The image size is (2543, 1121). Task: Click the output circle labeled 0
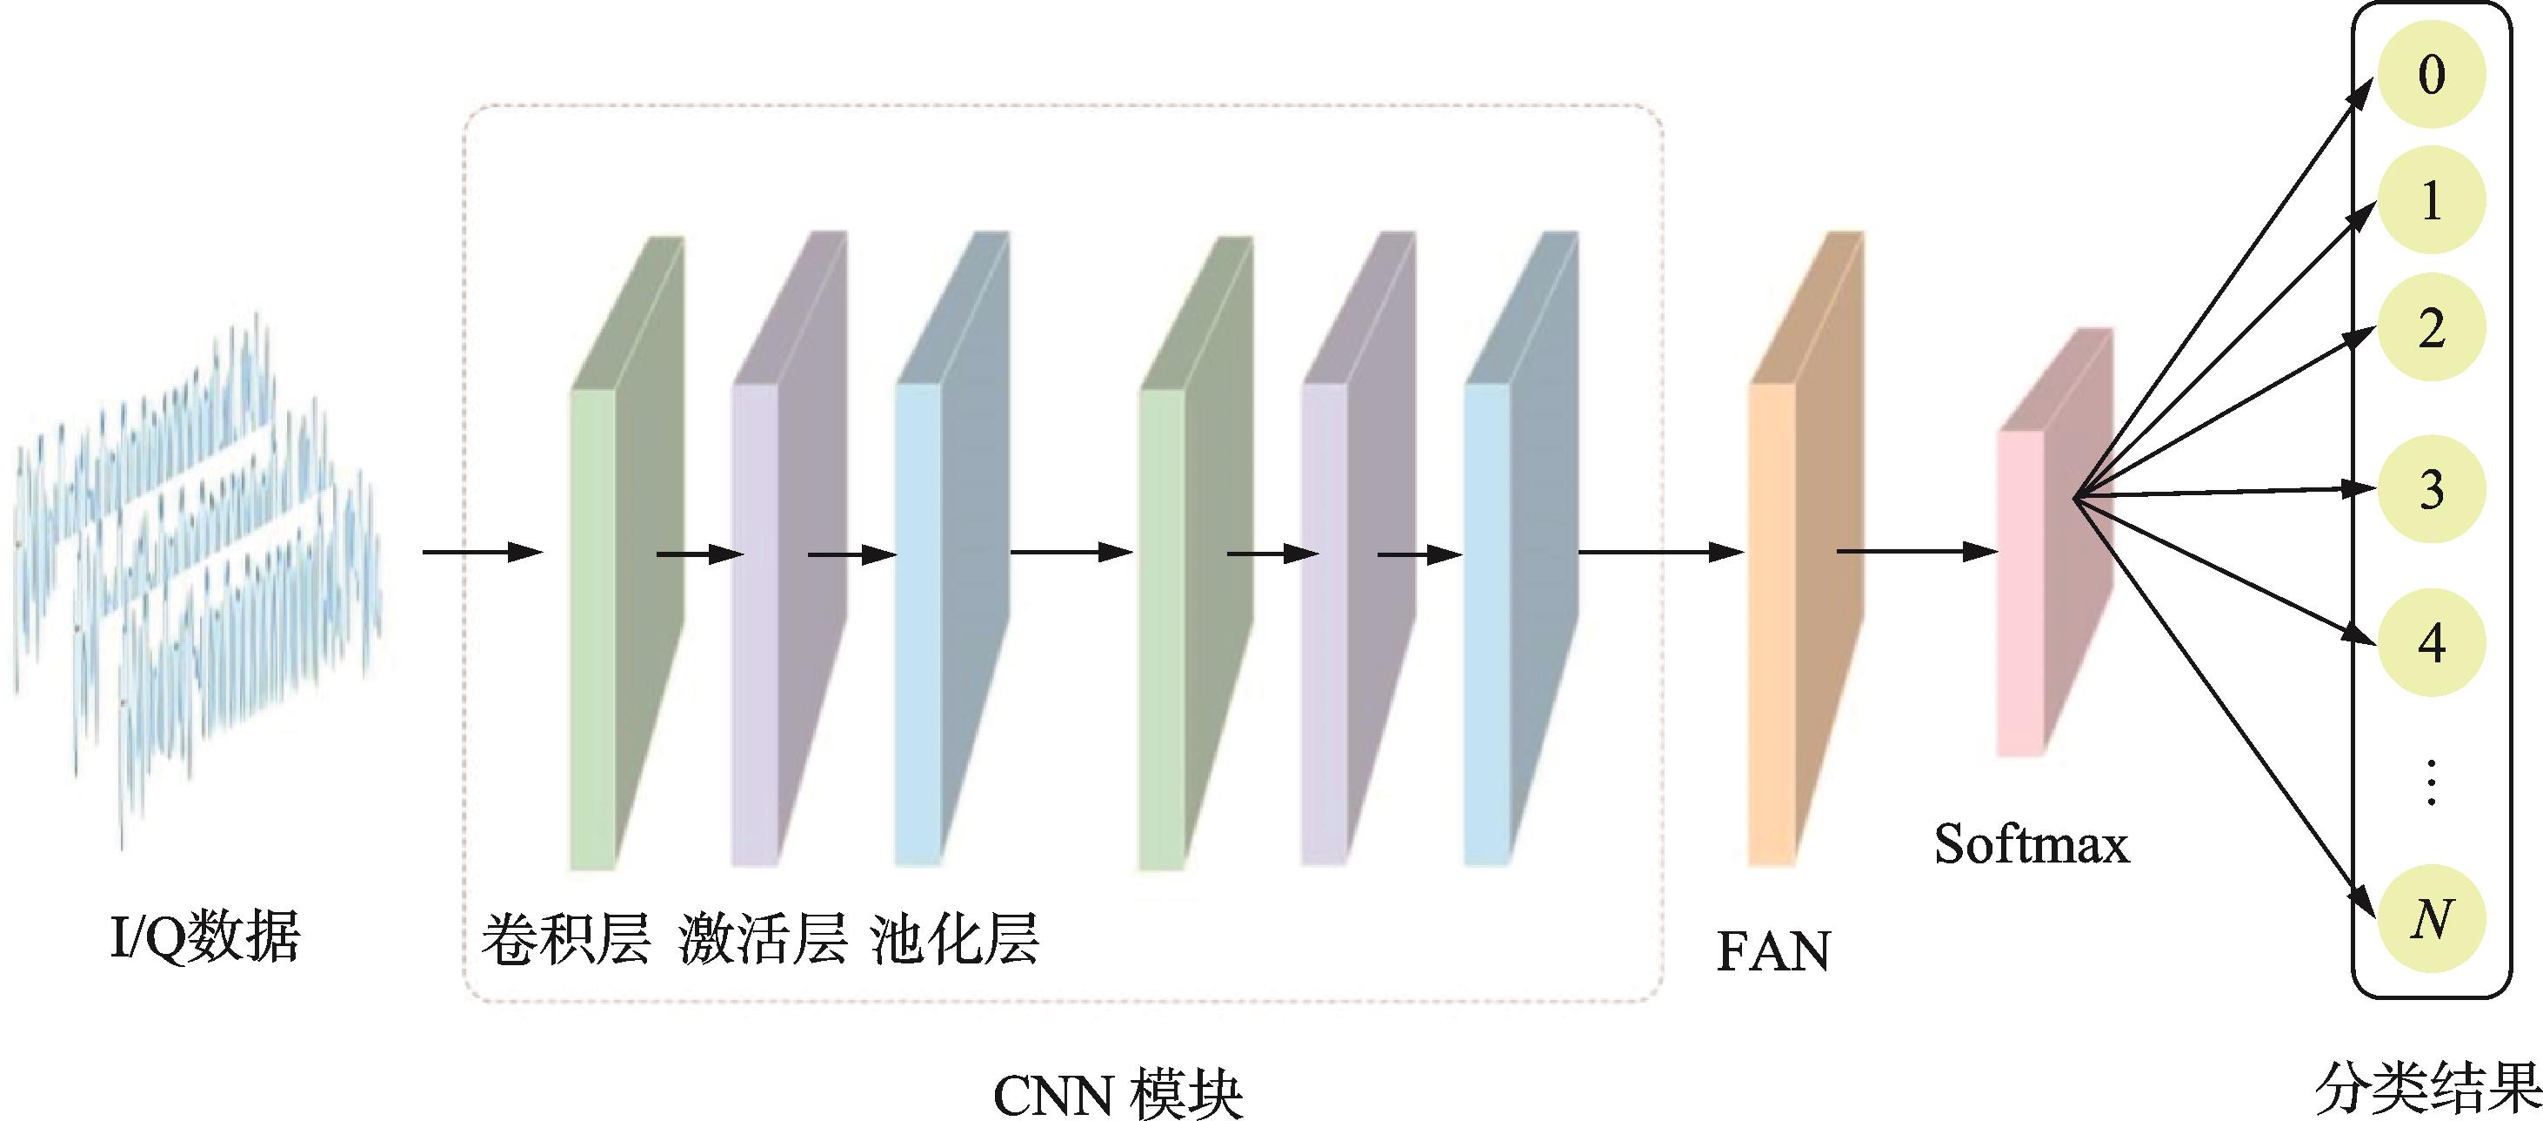(x=2431, y=75)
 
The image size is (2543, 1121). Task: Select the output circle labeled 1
(x=2431, y=201)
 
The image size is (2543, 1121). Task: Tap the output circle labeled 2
(x=2431, y=328)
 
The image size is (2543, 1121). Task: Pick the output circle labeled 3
(x=2431, y=490)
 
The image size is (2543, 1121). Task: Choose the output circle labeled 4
(x=2431, y=643)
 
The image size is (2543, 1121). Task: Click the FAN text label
(x=1773, y=952)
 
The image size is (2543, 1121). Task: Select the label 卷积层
(x=564, y=939)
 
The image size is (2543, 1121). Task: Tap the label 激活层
(x=762, y=939)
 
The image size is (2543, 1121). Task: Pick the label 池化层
(x=955, y=939)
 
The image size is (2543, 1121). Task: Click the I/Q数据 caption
(x=205, y=936)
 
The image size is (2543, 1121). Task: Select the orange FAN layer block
(x=1805, y=549)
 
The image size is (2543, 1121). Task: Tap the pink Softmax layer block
(x=2055, y=543)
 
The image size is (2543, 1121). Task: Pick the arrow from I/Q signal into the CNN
(x=484, y=552)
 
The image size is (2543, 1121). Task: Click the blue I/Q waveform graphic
(x=197, y=573)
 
